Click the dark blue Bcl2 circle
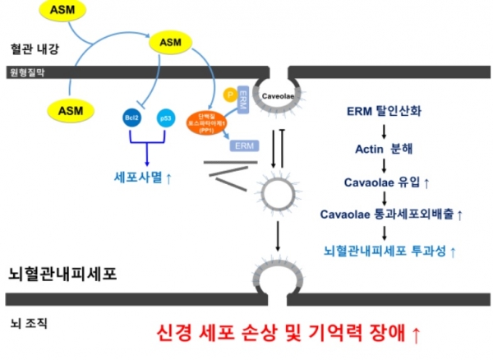click(x=132, y=118)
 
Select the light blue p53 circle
click(x=164, y=118)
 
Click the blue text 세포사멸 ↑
click(x=149, y=176)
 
